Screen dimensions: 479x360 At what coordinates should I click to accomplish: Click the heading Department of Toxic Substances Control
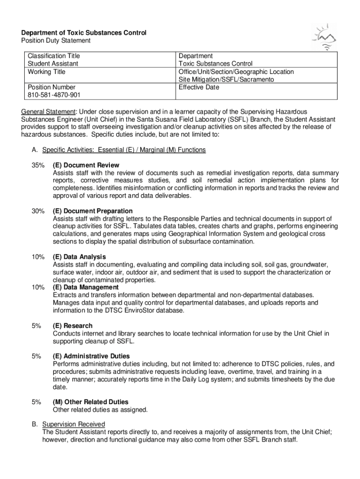84,33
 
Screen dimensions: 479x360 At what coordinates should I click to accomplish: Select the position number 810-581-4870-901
54,95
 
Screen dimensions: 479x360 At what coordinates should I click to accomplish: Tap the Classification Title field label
54,56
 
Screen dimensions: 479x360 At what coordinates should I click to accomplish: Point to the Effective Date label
199,87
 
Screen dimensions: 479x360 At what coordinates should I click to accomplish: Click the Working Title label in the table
46,72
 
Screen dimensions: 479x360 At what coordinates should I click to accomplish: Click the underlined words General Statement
48,111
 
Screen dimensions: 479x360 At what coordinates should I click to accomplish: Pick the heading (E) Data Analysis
79,257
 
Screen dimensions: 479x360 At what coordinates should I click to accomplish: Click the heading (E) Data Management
86,287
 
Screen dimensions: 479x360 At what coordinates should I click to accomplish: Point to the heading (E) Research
72,326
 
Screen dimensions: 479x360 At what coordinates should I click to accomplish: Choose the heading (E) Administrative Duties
91,356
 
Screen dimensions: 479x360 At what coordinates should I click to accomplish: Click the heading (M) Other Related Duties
90,402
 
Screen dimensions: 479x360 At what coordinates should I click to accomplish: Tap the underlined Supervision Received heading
73,424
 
